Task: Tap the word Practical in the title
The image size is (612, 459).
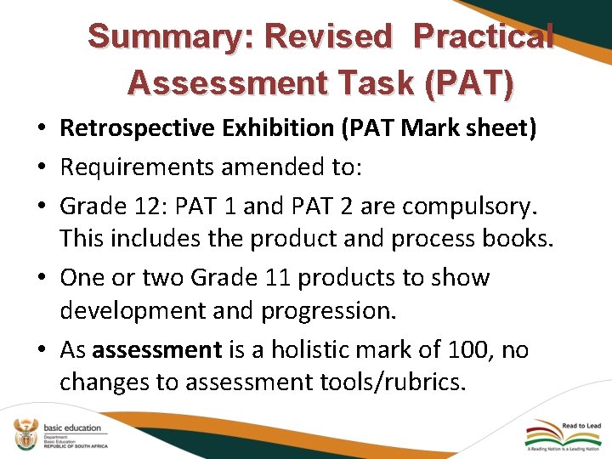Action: tap(484, 37)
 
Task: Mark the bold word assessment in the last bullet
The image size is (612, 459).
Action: tap(156, 349)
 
